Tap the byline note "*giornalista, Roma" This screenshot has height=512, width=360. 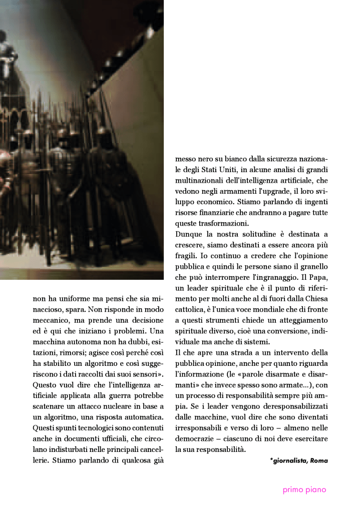(x=299, y=460)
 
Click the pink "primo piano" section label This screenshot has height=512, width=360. (x=304, y=490)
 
